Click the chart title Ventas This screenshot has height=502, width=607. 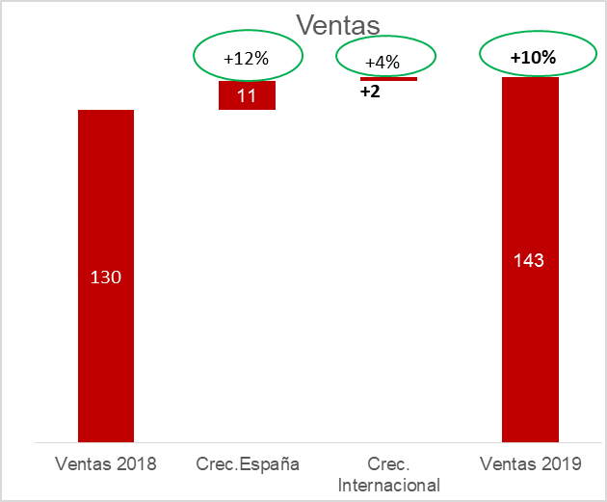tap(338, 24)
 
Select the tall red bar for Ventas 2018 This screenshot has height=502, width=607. tap(106, 366)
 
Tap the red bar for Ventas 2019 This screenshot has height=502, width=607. tap(530, 366)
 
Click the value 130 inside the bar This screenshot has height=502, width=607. tap(106, 277)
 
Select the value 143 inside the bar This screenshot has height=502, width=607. tap(530, 260)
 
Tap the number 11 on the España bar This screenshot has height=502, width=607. tap(247, 95)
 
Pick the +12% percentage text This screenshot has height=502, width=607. tap(247, 59)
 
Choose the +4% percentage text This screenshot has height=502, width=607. tap(383, 63)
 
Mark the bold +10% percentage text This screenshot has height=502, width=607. tap(533, 58)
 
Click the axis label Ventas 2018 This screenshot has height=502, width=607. tap(106, 463)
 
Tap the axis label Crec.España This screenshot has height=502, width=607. tap(248, 463)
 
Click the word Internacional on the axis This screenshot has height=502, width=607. tap(389, 484)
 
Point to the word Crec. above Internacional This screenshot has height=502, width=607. tap(389, 463)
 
